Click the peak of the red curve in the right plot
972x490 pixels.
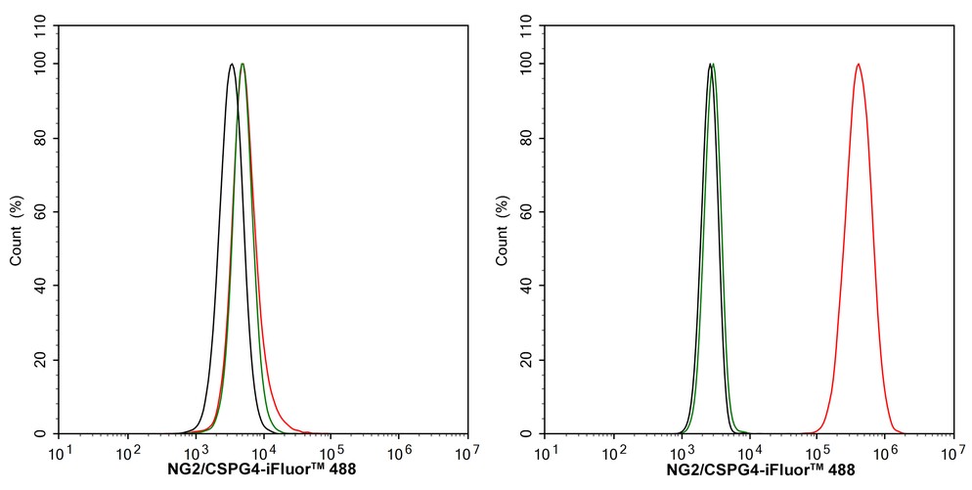858,65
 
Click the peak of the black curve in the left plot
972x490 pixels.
232,65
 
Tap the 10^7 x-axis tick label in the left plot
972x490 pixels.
466,452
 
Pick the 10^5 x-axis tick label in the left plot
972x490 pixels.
331,452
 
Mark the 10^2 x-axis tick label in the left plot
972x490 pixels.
127,452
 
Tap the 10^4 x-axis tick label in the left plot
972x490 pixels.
263,452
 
